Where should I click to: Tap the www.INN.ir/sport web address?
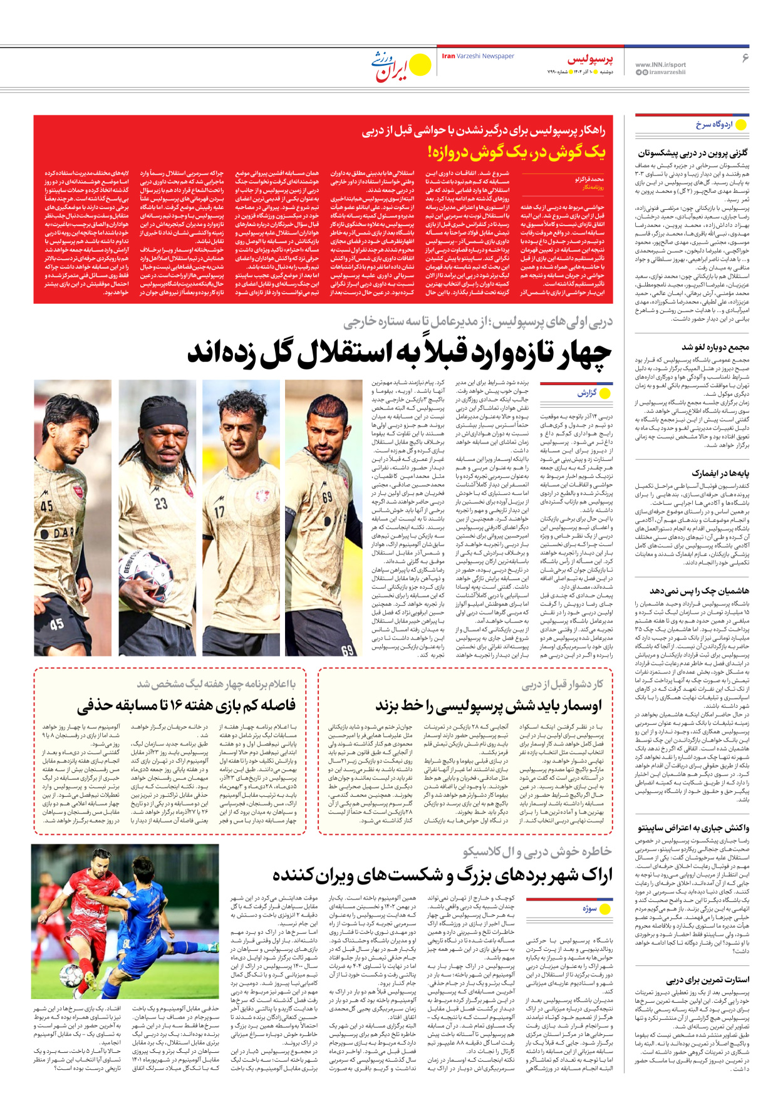point(660,65)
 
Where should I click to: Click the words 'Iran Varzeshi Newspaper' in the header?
point(478,56)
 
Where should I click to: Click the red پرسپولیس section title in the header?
point(590,60)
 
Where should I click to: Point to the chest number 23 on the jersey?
point(161,503)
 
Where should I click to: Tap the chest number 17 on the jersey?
point(219,511)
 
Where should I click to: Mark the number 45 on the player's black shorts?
point(56,624)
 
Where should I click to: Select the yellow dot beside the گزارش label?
point(605,393)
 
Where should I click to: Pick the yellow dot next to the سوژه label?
point(605,908)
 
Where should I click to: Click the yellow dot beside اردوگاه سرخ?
point(741,125)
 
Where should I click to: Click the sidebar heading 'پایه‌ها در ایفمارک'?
point(720,473)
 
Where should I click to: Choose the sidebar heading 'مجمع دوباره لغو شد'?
point(715,347)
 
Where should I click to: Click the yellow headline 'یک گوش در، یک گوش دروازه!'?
point(517,152)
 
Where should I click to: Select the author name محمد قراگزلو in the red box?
point(589,179)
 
